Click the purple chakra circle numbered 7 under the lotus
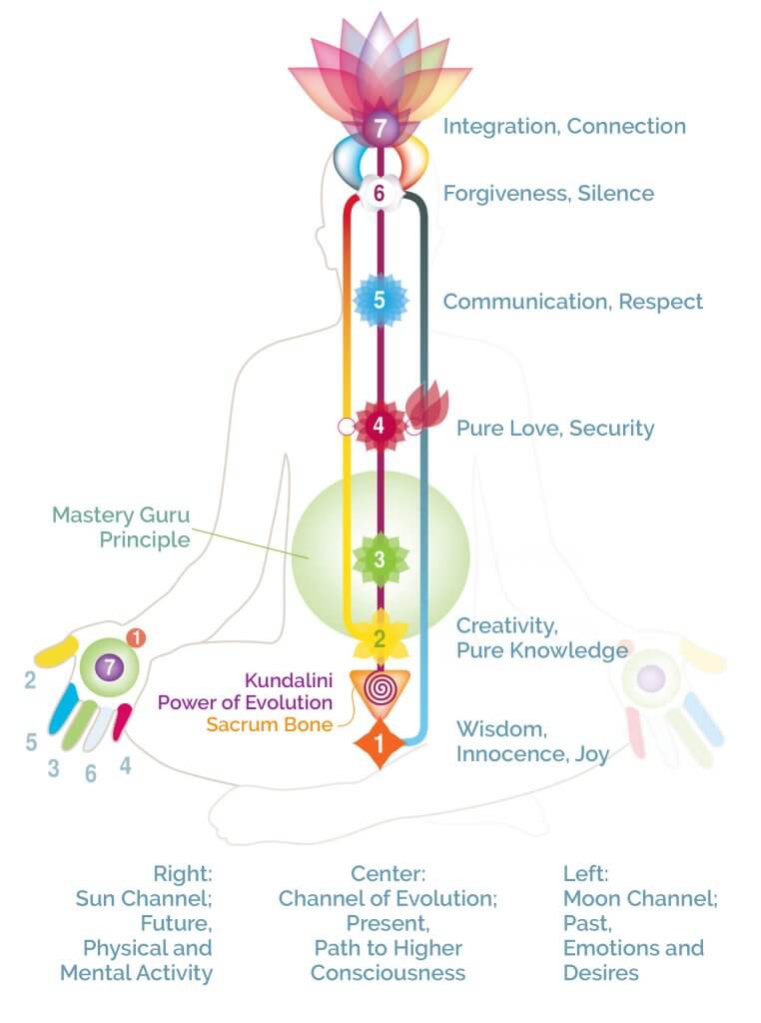coord(380,127)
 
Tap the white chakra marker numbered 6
coord(379,193)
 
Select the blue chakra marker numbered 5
coord(380,300)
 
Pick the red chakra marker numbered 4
coord(379,426)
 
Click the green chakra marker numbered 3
coord(380,559)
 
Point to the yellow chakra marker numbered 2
coord(380,638)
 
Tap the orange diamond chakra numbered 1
coord(379,743)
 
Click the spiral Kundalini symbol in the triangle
coord(380,688)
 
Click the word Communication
coord(527,302)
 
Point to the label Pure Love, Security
coord(555,428)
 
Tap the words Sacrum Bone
coord(270,724)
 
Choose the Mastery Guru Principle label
coord(121,527)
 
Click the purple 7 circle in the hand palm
coord(110,666)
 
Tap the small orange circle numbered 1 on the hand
coord(136,637)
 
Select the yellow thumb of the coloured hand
coord(56,651)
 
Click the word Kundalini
coord(289,679)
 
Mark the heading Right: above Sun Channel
coord(183,873)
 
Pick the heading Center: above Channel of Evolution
coord(388,873)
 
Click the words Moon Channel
coord(640,898)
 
